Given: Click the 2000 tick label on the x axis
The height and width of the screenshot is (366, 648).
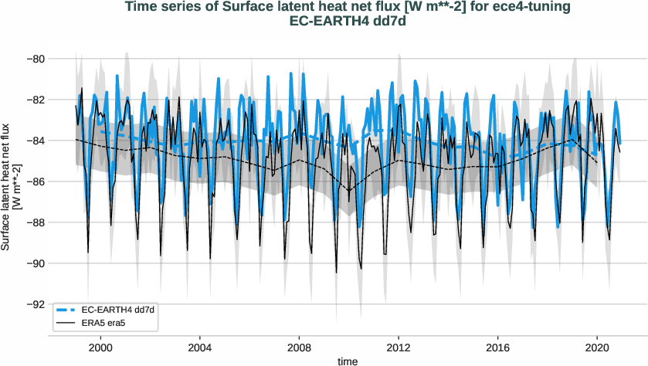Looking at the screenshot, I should [x=100, y=348].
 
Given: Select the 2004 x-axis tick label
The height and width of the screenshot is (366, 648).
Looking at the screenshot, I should [x=200, y=348].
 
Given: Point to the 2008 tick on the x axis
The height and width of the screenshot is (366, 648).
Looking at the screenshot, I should [x=299, y=348].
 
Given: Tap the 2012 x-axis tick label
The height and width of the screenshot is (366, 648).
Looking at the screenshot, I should [x=399, y=348].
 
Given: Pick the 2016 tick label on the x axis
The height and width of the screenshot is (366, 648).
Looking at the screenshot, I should [x=498, y=348].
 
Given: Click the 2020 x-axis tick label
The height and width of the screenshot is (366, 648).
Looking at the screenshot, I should [x=597, y=348].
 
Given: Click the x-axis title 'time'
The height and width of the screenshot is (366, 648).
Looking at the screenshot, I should [x=348, y=361].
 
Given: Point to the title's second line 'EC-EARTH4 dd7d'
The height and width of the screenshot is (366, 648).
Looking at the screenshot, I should [x=347, y=22].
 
